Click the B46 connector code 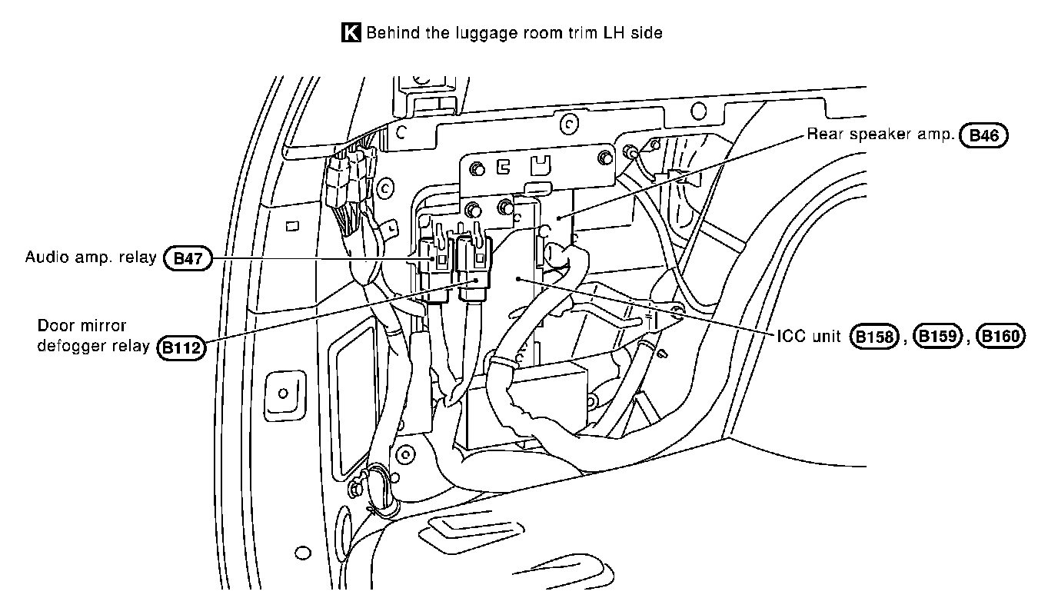tap(983, 136)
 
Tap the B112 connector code tap(182, 347)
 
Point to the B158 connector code tap(874, 337)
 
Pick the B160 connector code tap(1000, 337)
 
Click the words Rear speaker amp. tap(880, 135)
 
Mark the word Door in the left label tap(53, 326)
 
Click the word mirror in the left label tap(103, 326)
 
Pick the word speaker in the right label tap(876, 135)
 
